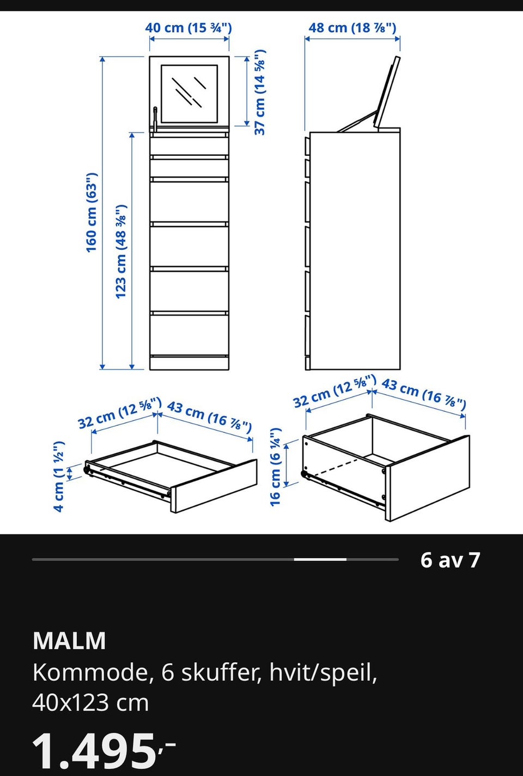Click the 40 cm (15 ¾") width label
[x=188, y=28]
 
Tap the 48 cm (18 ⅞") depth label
[x=352, y=28]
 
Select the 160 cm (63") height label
[x=92, y=212]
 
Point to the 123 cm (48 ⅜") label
[x=120, y=252]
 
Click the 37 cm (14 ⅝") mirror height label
[x=260, y=92]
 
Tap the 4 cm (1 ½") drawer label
[x=59, y=476]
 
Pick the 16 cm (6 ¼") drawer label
[x=275, y=467]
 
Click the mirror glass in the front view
[x=189, y=94]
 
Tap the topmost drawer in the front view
[x=189, y=146]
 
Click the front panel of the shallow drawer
[x=214, y=486]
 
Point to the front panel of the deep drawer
[x=428, y=479]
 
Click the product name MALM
[x=69, y=641]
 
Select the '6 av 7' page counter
[x=450, y=560]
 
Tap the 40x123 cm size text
[x=90, y=703]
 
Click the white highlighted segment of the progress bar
[x=320, y=559]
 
